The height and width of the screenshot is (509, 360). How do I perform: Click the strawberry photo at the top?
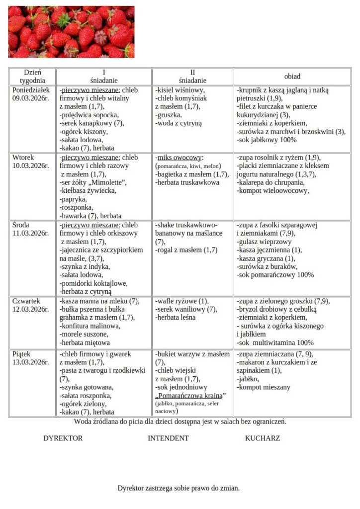click(x=71, y=32)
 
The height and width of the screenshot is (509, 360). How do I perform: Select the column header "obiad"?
click(x=292, y=77)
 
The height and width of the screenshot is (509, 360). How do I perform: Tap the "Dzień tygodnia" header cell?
click(x=32, y=76)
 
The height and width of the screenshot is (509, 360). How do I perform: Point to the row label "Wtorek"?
click(x=23, y=157)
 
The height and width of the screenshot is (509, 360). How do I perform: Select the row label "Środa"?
click(x=21, y=225)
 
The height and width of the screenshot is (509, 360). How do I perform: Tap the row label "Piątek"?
click(x=22, y=354)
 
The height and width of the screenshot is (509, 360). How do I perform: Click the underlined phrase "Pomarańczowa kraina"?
click(x=190, y=395)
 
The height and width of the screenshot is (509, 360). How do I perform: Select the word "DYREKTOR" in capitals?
click(x=63, y=438)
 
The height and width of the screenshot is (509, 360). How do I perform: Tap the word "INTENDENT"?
click(x=168, y=438)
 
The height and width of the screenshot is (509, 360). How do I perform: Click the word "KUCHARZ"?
click(x=262, y=438)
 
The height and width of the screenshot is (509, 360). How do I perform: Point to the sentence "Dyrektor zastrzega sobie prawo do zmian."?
click(x=179, y=488)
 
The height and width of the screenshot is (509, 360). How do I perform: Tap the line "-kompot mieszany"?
click(x=264, y=387)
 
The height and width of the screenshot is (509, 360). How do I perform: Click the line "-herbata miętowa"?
click(x=85, y=342)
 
